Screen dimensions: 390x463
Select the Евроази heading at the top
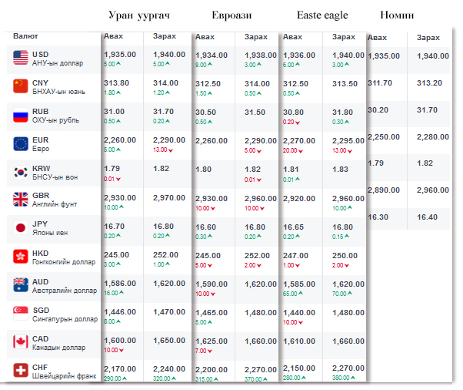point(231,15)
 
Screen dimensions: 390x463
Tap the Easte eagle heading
point(322,15)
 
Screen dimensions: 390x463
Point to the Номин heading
point(397,15)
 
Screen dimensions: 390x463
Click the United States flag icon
point(21,58)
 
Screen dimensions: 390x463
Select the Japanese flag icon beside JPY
point(21,228)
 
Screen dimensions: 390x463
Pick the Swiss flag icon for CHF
point(21,370)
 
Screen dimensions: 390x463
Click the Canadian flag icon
point(21,341)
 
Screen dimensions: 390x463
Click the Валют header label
point(25,36)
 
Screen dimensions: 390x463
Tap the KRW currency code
point(42,167)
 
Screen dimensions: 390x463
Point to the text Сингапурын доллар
point(65,319)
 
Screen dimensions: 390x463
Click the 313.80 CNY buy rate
point(116,82)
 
